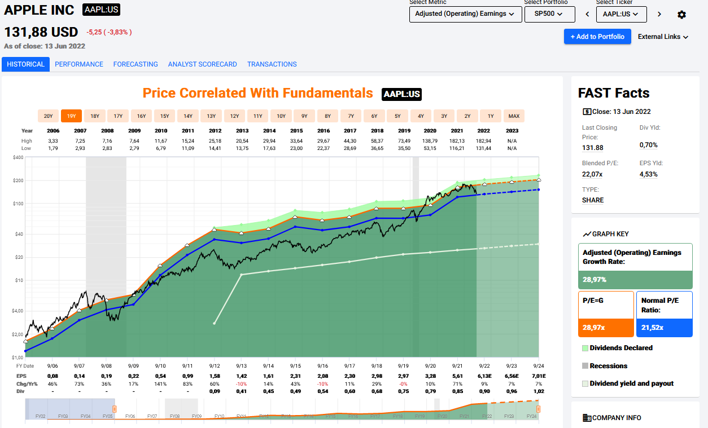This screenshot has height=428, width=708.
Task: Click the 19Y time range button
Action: [x=72, y=116]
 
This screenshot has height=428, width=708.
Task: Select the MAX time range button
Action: [x=514, y=116]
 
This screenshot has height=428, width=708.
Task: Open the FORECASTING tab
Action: [x=136, y=64]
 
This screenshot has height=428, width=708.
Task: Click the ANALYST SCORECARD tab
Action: [x=202, y=64]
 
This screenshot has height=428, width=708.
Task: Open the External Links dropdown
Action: [x=663, y=37]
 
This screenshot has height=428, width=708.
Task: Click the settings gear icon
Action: [x=681, y=15]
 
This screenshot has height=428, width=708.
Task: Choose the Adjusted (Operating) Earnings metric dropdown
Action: [x=465, y=14]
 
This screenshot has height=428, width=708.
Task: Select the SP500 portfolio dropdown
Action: [x=549, y=14]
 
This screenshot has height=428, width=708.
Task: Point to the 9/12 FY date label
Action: [x=215, y=366]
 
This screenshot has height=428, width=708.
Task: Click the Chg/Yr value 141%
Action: [x=160, y=383]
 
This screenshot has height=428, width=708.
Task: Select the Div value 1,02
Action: [x=539, y=391]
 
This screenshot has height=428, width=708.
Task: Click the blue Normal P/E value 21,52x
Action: [x=652, y=328]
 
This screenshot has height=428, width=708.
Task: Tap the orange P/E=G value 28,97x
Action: [x=594, y=328]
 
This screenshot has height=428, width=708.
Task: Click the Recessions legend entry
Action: [x=608, y=366]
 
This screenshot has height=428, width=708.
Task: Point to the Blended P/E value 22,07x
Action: [x=593, y=174]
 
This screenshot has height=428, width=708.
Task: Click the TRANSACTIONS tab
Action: [x=272, y=64]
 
